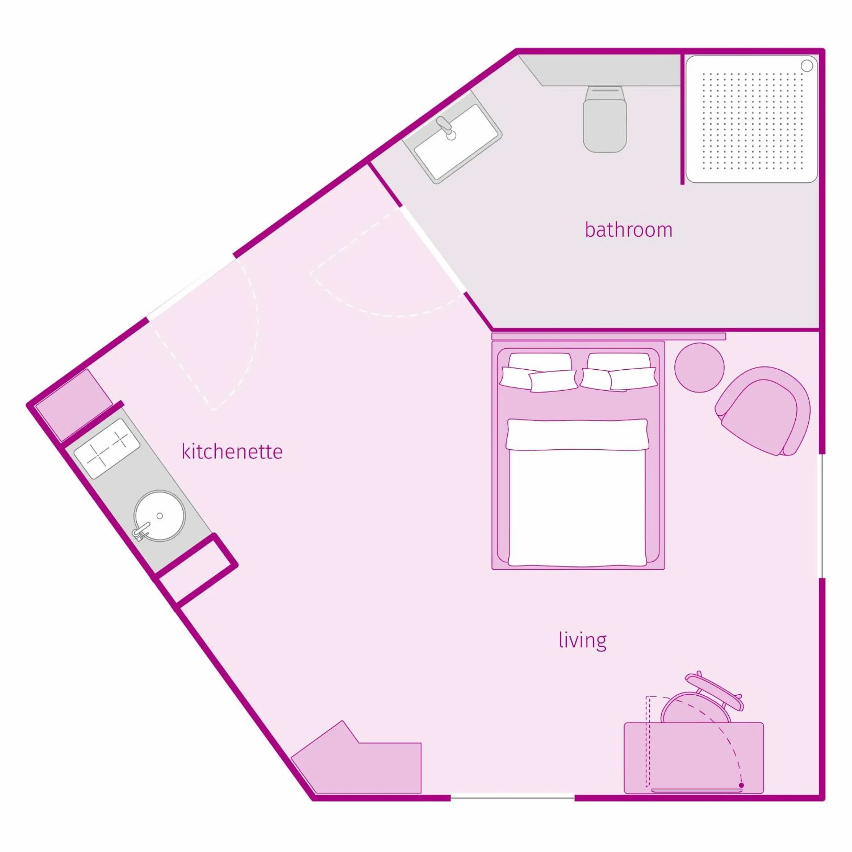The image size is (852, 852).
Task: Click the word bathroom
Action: click(x=628, y=230)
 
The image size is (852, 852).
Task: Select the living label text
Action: click(x=582, y=640)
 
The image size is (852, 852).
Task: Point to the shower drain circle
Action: click(x=806, y=66)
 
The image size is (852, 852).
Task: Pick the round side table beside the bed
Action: click(x=699, y=367)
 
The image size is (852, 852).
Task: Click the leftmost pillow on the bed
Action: click(x=516, y=378)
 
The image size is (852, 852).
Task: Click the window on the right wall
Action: click(x=821, y=516)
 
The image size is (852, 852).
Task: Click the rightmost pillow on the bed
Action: click(x=633, y=378)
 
